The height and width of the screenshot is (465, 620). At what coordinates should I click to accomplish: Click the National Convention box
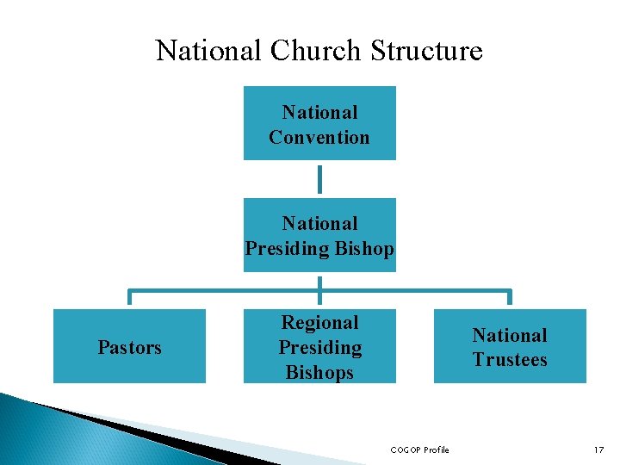pyautogui.click(x=319, y=123)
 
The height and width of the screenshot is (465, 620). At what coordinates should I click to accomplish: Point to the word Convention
pyautogui.click(x=319, y=137)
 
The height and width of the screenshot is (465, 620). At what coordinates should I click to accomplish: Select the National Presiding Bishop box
pyautogui.click(x=319, y=235)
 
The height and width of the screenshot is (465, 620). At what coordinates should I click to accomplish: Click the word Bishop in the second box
pyautogui.click(x=362, y=249)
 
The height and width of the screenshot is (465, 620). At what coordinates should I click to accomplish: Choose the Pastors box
pyautogui.click(x=129, y=346)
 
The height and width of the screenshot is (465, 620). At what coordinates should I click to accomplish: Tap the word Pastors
pyautogui.click(x=129, y=347)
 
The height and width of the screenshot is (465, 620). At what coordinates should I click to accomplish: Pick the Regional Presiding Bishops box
pyautogui.click(x=319, y=346)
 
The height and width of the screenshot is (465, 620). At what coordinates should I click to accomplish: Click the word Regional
pyautogui.click(x=319, y=323)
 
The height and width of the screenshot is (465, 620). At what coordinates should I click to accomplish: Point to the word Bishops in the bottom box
pyautogui.click(x=319, y=372)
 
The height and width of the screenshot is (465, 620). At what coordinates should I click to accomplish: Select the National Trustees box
pyautogui.click(x=510, y=346)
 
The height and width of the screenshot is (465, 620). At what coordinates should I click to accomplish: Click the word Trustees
pyautogui.click(x=510, y=359)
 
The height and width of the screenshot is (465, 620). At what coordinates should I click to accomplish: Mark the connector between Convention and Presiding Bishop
pyautogui.click(x=319, y=179)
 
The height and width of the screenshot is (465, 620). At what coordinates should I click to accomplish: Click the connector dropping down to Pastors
pyautogui.click(x=129, y=296)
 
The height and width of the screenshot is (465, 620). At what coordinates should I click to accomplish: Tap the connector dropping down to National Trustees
pyautogui.click(x=510, y=296)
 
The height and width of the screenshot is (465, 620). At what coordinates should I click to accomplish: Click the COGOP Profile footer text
pyautogui.click(x=419, y=449)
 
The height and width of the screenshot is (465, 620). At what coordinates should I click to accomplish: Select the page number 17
pyautogui.click(x=598, y=449)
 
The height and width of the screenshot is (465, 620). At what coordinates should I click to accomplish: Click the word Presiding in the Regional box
pyautogui.click(x=319, y=348)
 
